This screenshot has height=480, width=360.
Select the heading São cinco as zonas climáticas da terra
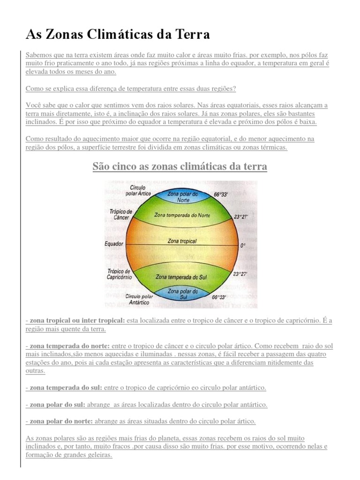tap(180, 166)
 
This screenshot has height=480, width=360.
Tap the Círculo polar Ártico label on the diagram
tap(134, 191)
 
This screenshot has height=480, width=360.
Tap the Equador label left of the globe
tap(114, 244)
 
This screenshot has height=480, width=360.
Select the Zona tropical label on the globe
tap(182, 241)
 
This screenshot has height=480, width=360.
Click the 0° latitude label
tap(243, 245)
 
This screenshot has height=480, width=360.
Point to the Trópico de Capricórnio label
tap(120, 274)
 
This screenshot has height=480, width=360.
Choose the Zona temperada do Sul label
tap(181, 277)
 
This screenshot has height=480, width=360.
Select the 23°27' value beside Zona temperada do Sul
tap(240, 274)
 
